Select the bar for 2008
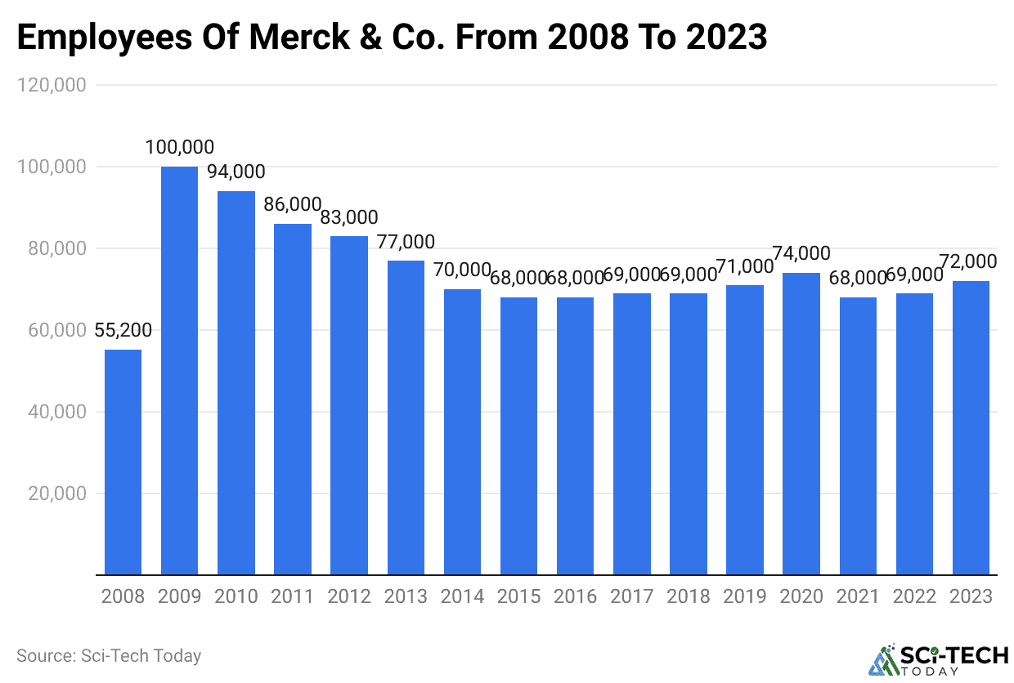(123, 462)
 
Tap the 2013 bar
(406, 417)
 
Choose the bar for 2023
(971, 428)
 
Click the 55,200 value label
(123, 331)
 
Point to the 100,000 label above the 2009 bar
(179, 148)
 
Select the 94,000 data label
(236, 172)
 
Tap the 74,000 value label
(801, 254)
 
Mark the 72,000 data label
(971, 262)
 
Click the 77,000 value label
(406, 242)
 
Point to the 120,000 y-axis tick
(51, 85)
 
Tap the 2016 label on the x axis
(575, 596)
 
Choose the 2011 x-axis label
(292, 596)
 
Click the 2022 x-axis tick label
(914, 596)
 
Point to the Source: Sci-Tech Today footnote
(109, 655)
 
